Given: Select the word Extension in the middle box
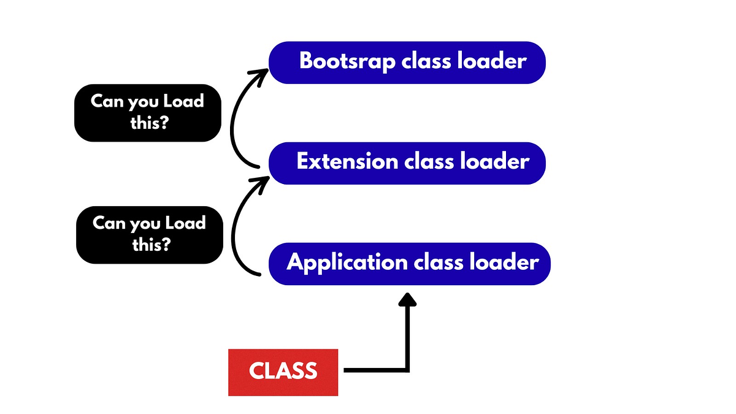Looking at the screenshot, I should [347, 162].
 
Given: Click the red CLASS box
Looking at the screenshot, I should [283, 372].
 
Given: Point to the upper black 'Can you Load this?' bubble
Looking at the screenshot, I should [147, 112].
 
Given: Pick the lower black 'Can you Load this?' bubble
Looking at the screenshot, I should [149, 234].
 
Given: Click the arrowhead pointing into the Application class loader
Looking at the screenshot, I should [407, 299].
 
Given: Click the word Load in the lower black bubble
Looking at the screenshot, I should [185, 223].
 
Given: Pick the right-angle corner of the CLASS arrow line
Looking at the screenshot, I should [407, 369].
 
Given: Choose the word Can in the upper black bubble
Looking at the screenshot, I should [107, 102].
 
